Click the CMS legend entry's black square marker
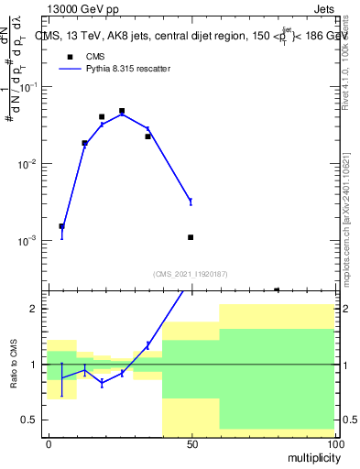point(70,56)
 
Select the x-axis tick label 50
point(191,443)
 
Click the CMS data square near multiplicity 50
point(191,237)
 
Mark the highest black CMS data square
point(122,111)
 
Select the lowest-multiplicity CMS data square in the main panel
point(61,226)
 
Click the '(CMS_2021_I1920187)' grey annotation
point(191,273)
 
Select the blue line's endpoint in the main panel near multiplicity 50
point(191,202)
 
